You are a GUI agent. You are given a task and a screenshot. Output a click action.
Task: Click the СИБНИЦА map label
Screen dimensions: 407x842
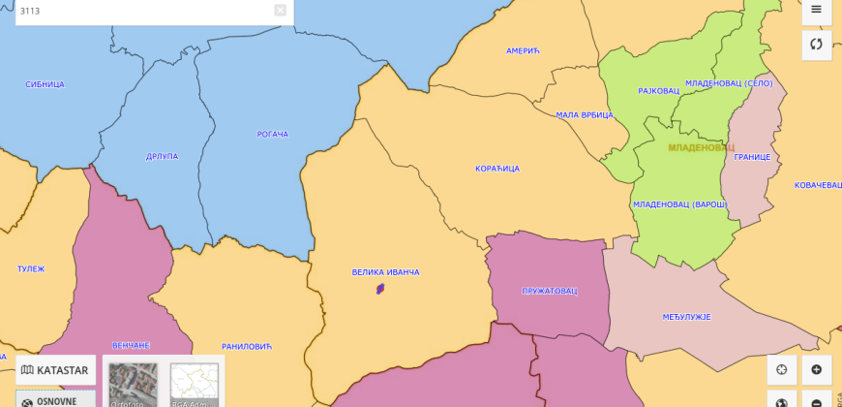tap(45, 84)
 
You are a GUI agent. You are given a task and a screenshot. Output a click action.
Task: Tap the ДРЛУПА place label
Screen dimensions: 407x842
tap(162, 156)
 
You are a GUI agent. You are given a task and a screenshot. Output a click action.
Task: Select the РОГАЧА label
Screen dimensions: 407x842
tap(273, 134)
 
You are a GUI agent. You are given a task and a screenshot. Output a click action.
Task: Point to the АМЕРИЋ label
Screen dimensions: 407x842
tap(522, 50)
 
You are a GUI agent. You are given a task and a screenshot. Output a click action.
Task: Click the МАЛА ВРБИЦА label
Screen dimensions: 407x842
tap(585, 114)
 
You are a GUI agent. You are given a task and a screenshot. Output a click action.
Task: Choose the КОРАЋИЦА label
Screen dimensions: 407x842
tap(497, 169)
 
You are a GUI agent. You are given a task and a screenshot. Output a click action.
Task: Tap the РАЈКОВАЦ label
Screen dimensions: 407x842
tap(658, 91)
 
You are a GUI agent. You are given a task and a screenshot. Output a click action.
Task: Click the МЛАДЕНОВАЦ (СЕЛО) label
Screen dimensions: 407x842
tap(729, 83)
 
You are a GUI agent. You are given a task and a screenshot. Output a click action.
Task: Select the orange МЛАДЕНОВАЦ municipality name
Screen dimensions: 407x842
tap(701, 148)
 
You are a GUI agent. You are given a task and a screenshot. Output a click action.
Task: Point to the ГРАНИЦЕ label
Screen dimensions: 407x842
tap(751, 157)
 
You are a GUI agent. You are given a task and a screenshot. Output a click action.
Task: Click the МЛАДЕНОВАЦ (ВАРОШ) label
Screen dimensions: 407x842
tap(679, 204)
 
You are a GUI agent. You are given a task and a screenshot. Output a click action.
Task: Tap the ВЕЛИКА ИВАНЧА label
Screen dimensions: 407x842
tap(385, 272)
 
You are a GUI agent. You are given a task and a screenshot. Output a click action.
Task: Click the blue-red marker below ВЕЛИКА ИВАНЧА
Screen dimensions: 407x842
tap(381, 289)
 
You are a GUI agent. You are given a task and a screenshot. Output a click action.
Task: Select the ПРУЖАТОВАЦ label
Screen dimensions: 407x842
tap(549, 291)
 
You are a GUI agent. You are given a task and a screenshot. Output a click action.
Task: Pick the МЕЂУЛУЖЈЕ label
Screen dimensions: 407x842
tap(687, 317)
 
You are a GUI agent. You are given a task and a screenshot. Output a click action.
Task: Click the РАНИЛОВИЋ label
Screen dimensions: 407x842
tap(248, 346)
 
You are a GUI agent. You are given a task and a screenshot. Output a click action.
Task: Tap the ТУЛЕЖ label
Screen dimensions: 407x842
tap(31, 268)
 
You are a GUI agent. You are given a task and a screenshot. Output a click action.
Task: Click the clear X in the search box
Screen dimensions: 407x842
tap(280, 11)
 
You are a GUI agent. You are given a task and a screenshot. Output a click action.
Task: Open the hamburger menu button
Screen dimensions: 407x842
tap(816, 10)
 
